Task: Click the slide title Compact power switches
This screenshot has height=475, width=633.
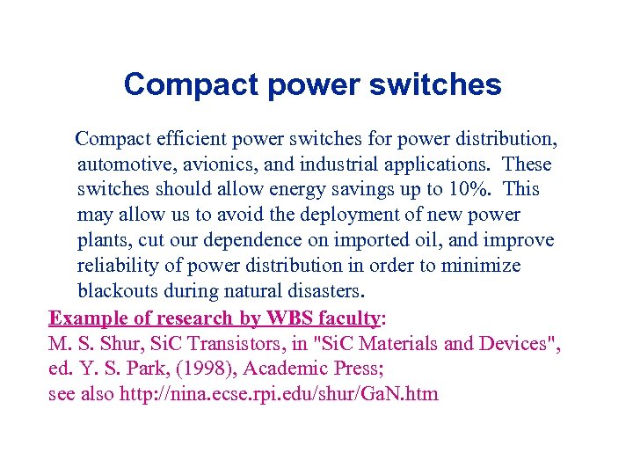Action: click(312, 84)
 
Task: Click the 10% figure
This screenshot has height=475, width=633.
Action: click(469, 190)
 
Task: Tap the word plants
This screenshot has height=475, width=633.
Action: click(101, 241)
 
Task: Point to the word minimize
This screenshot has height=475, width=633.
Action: click(480, 266)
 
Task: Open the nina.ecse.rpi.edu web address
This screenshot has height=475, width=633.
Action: click(277, 393)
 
